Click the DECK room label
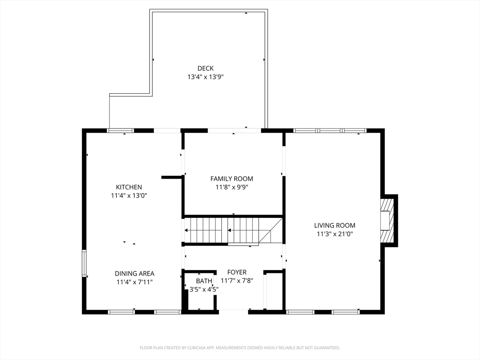(x=205, y=68)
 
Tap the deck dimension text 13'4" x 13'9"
(x=205, y=77)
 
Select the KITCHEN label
(x=129, y=187)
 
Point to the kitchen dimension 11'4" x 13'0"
(x=129, y=195)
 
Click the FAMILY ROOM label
(x=232, y=179)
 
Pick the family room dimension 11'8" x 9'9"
(x=232, y=187)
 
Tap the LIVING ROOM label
(x=335, y=225)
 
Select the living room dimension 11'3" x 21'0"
(x=335, y=233)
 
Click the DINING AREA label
(x=135, y=273)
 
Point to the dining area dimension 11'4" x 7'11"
(x=135, y=282)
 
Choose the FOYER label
(x=237, y=272)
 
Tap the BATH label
(x=204, y=281)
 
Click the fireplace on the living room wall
(x=387, y=220)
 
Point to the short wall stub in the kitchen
(x=172, y=177)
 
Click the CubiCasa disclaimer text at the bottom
(x=240, y=348)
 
